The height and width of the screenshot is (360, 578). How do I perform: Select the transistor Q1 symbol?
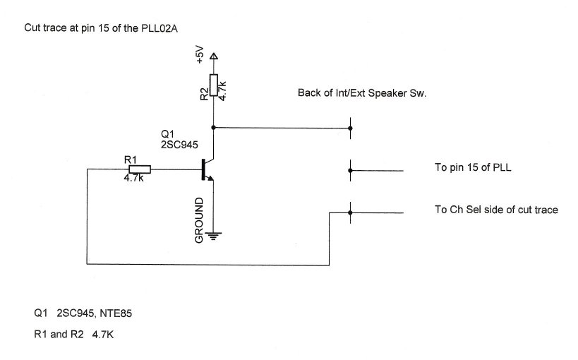coord(207,169)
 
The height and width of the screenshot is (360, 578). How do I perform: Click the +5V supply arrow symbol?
coord(214,57)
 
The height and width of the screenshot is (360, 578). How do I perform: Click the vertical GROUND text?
coord(199,220)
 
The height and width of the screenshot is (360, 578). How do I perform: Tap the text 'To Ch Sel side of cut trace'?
coord(496,210)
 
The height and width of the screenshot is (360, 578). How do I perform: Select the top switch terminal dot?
coord(351,128)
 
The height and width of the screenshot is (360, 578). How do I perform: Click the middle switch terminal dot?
coord(351,169)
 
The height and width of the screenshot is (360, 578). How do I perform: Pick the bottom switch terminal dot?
coord(351,211)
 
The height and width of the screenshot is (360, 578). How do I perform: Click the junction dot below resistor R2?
coord(214,128)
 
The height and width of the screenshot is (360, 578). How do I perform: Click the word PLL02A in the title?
coord(167,28)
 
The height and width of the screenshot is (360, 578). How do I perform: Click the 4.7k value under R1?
coord(134,178)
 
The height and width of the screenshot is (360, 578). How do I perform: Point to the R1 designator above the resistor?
coord(131,160)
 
